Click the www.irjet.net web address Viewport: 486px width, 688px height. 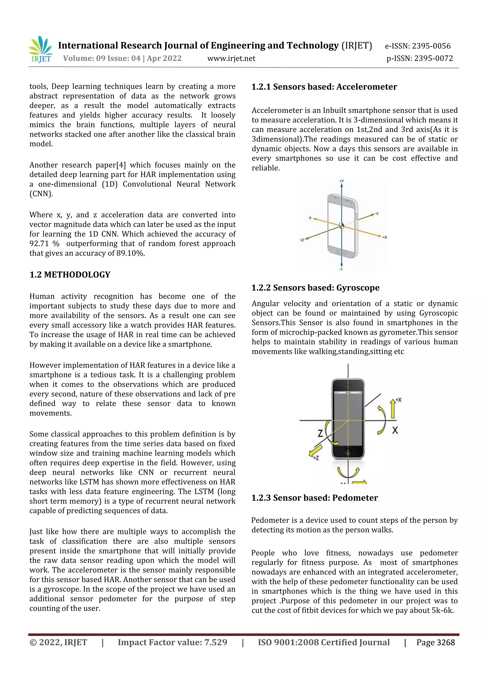231,58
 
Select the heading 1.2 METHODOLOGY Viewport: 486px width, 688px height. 70,275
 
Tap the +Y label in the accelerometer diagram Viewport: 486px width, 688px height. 342,181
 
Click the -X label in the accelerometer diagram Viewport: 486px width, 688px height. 310,218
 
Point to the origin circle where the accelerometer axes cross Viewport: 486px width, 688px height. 342,226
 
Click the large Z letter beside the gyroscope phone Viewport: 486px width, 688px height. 320,433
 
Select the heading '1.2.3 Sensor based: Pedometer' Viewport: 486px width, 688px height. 314,498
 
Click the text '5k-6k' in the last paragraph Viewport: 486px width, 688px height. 442,610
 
